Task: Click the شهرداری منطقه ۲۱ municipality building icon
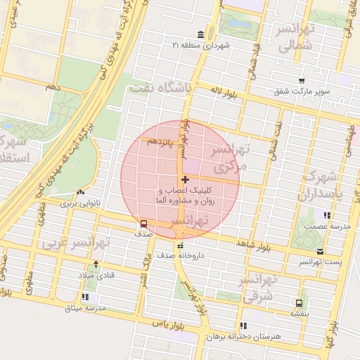pos(201,35)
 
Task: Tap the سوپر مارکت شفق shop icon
pos(302,81)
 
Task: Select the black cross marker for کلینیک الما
pos(185,180)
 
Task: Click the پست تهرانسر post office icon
pos(321,251)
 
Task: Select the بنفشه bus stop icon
pos(300,304)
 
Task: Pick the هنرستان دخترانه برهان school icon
pos(243,326)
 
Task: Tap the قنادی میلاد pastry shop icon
pos(96,265)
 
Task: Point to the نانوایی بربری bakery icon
pos(80,192)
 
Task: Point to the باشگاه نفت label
pos(160,88)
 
